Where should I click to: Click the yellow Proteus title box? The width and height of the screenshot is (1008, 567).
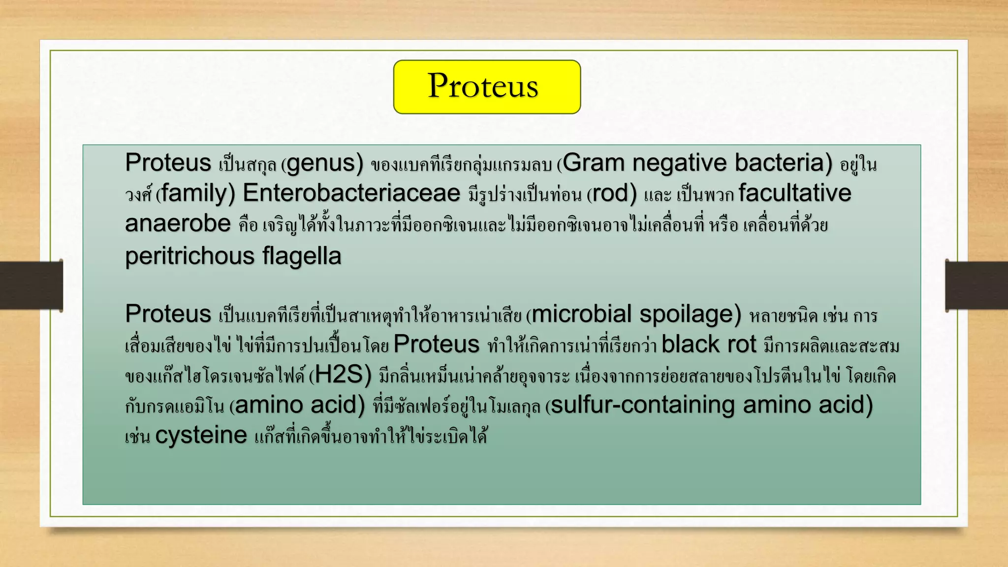pos(487,87)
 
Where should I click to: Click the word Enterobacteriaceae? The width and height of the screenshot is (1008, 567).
pos(351,193)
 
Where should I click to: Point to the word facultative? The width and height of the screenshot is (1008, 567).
pos(794,193)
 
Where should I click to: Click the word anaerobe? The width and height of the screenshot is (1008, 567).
pos(178,224)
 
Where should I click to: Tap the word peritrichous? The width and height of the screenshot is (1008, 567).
pos(190,256)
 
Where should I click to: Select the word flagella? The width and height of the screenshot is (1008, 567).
pos(301,256)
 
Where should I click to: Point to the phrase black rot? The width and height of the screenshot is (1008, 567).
pos(708,344)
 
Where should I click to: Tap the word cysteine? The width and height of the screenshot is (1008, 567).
pos(201,435)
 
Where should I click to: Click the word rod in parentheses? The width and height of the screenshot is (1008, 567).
pos(610,193)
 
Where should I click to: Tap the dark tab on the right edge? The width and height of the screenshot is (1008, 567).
pos(976,285)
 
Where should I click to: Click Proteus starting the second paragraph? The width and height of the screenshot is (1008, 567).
pos(168,314)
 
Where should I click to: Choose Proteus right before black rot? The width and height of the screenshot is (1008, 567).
pos(436,344)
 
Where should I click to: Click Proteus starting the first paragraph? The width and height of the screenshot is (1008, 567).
pos(168,163)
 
